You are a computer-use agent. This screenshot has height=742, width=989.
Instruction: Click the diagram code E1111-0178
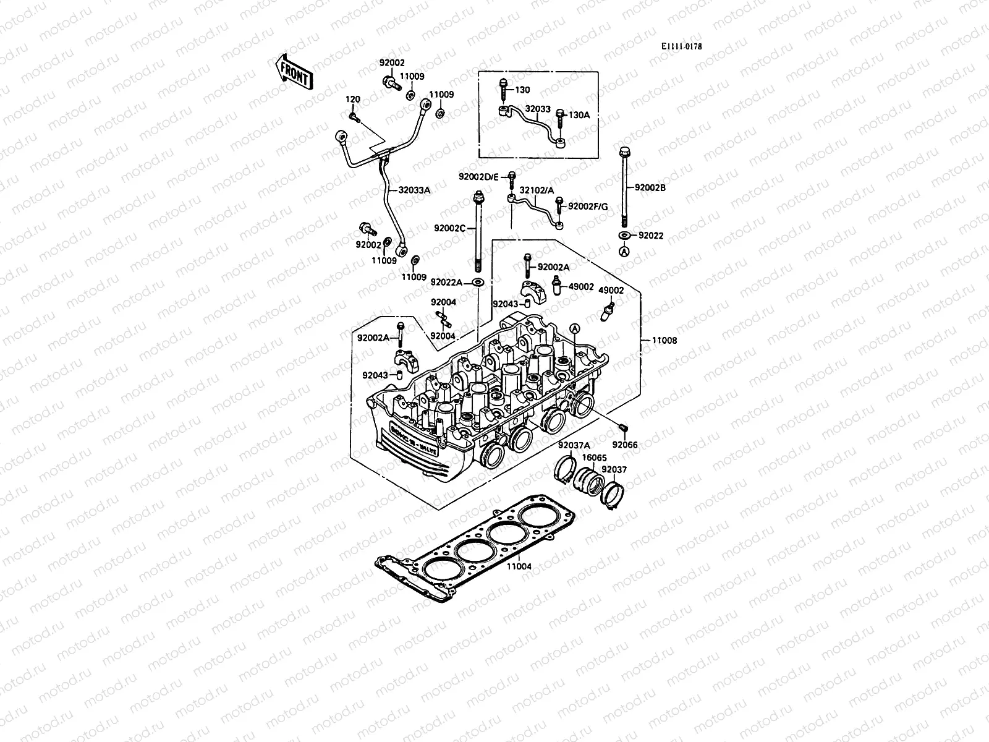(x=681, y=46)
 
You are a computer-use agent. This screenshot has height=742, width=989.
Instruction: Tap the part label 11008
(x=664, y=340)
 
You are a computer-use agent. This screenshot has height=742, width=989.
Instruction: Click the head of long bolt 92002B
(x=624, y=151)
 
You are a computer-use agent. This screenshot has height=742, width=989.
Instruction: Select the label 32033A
(x=414, y=190)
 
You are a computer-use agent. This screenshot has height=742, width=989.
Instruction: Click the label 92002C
(x=449, y=228)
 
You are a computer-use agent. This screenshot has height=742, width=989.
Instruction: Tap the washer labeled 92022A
(x=478, y=282)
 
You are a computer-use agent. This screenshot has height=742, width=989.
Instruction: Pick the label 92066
(x=625, y=445)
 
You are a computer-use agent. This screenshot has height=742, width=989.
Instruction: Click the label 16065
(x=593, y=458)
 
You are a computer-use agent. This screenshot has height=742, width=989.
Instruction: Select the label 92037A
(x=574, y=445)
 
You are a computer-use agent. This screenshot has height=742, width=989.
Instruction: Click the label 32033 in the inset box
(x=537, y=108)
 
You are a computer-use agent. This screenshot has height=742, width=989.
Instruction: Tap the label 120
(x=352, y=99)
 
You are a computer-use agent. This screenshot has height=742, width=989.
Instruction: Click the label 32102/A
(x=536, y=191)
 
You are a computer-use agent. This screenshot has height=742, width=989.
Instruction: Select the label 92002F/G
(x=588, y=207)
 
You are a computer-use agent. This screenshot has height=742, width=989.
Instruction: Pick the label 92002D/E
(x=478, y=177)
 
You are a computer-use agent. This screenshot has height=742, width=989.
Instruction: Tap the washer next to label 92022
(x=624, y=235)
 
